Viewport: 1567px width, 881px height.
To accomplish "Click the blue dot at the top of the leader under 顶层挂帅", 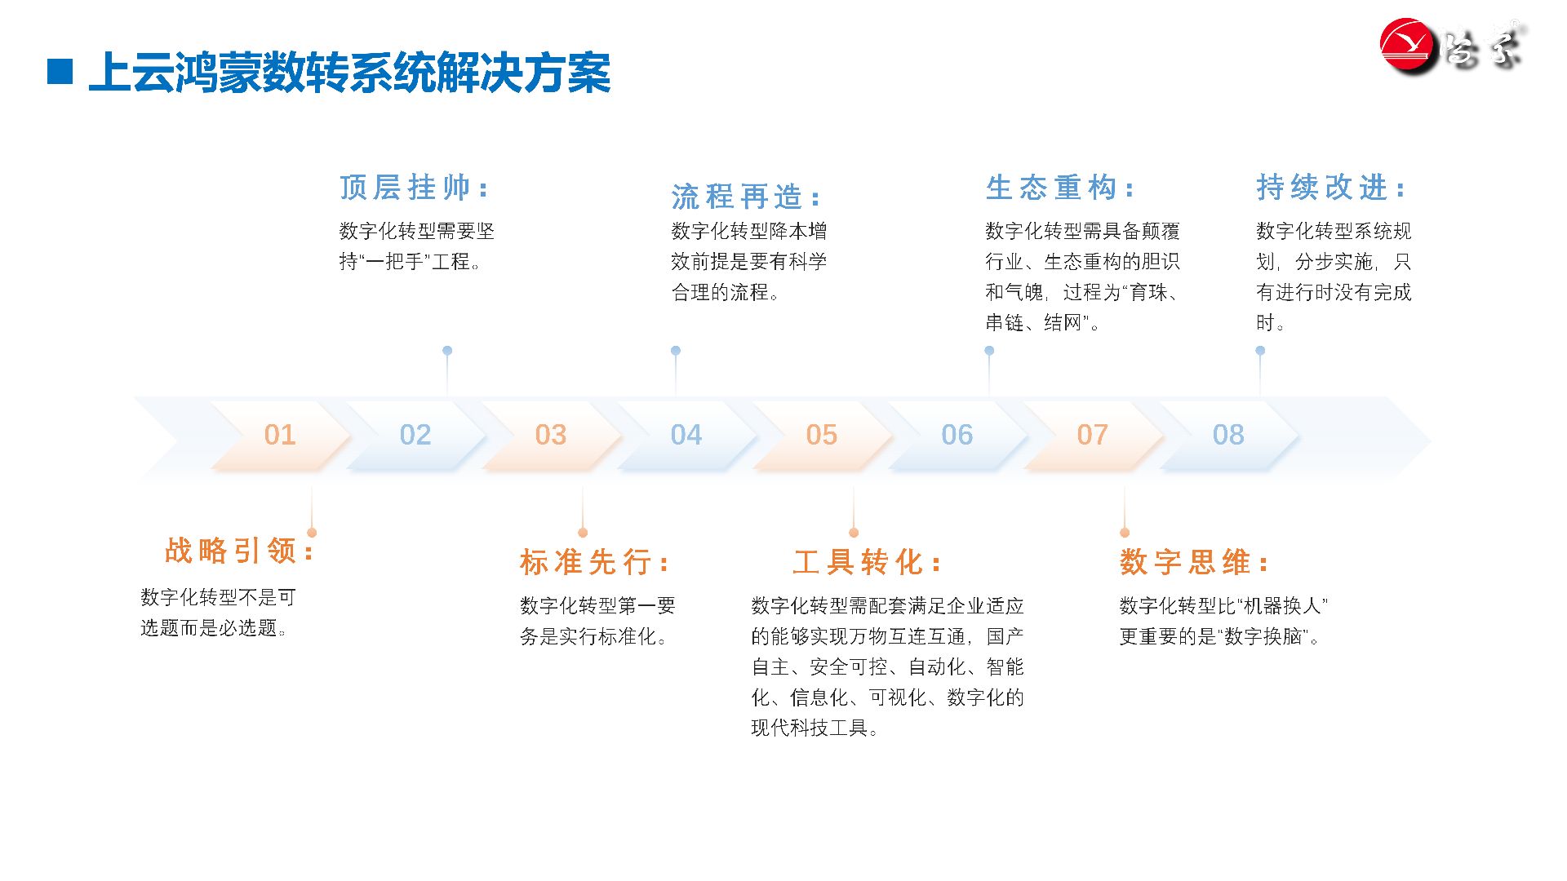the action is pyautogui.click(x=447, y=351).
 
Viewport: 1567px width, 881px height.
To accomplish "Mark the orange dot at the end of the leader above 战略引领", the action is pyautogui.click(x=312, y=533).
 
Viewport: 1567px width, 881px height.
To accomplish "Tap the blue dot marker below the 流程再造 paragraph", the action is pyautogui.click(x=676, y=351).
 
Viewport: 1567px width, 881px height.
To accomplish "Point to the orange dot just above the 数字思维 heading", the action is pyautogui.click(x=1125, y=533).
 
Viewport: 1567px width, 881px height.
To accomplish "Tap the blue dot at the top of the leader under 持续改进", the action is pyautogui.click(x=1260, y=351).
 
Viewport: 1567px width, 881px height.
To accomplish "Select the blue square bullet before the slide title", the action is pyautogui.click(x=60, y=71).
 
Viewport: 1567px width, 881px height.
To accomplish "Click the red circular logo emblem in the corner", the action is pyautogui.click(x=1408, y=46).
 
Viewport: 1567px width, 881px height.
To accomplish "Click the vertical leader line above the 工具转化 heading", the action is pyautogui.click(x=854, y=507).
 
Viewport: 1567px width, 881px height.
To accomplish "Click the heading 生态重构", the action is pyautogui.click(x=1059, y=188).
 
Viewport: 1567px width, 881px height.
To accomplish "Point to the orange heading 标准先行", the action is pyautogui.click(x=594, y=562).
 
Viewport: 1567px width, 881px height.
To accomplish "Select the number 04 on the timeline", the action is pyautogui.click(x=686, y=435).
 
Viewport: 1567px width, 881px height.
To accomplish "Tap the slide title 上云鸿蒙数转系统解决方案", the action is pyautogui.click(x=350, y=73).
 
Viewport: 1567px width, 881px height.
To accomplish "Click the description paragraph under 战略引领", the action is pyautogui.click(x=218, y=613).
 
